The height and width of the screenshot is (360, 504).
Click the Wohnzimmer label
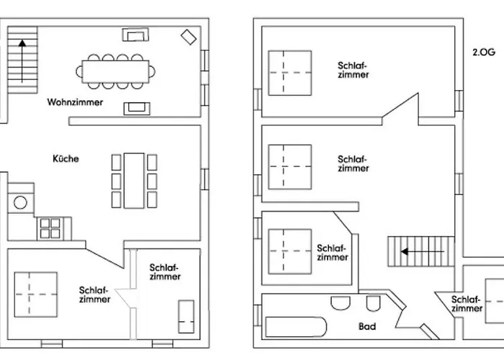pos(75,102)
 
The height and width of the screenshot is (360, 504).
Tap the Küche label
pos(66,158)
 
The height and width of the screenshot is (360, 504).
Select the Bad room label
pos(367,327)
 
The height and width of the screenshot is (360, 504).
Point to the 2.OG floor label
pos(484,52)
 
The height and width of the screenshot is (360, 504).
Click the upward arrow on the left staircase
pos(22,60)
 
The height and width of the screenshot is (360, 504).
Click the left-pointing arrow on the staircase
pos(423,251)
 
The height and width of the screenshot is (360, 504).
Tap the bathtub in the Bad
pos(296,327)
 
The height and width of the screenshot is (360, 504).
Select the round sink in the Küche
pos(20,203)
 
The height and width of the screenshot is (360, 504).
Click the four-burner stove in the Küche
pos(50,228)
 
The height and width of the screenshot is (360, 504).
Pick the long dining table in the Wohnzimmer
pos(115,72)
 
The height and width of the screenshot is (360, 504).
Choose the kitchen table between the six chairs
pos(134,181)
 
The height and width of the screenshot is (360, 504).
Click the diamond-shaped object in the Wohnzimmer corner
pos(189,37)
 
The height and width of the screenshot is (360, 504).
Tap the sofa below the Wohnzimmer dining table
pos(137,108)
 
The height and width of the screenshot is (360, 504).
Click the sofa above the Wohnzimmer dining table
pos(135,35)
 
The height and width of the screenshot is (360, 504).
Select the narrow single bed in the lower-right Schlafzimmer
pos(186,317)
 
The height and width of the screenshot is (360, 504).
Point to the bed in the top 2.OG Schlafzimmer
pos(290,73)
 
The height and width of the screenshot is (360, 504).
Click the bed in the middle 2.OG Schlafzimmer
pos(290,167)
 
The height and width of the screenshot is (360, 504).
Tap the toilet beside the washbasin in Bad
pos(373,303)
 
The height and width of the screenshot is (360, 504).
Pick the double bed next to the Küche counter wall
pos(36,294)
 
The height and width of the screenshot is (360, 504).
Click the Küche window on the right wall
pos(204,179)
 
